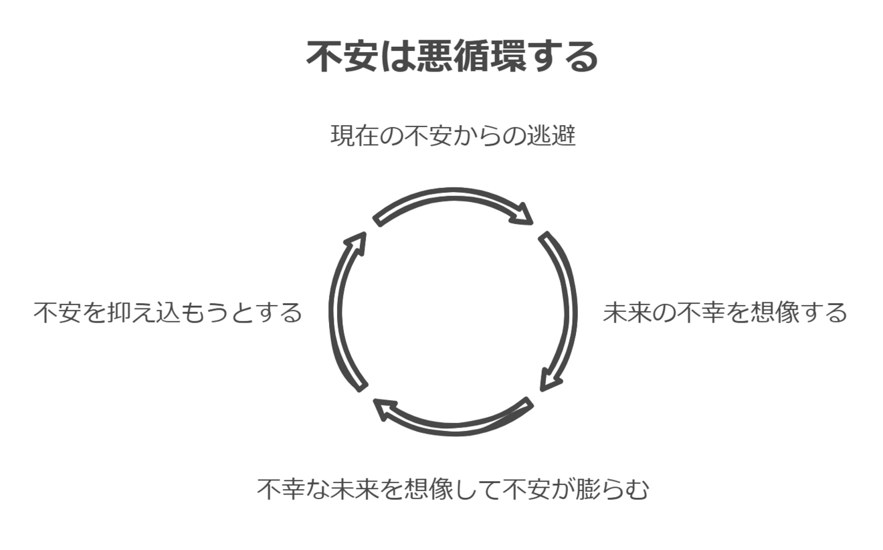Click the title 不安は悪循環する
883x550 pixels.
click(x=452, y=56)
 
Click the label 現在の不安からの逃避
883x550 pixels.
click(x=453, y=136)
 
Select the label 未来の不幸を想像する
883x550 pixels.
click(x=725, y=312)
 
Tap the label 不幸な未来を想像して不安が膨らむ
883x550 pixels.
click(x=453, y=489)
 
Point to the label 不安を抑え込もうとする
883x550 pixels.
click(x=168, y=312)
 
